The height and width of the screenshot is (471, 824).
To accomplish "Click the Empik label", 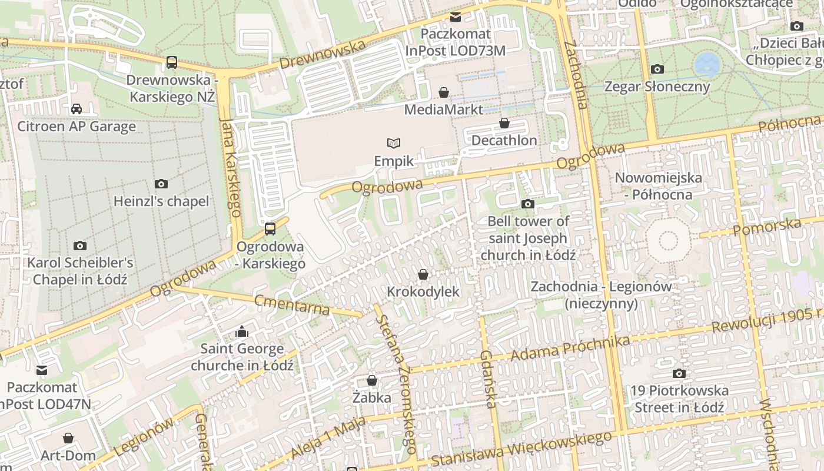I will point(394,161).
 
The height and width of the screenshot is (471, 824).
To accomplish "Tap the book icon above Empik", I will point(394,143).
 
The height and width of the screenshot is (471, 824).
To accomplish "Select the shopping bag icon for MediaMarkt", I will point(444,92).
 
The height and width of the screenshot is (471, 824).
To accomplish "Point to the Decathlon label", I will point(504,140).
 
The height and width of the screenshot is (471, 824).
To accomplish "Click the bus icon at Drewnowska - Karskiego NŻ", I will point(172,62).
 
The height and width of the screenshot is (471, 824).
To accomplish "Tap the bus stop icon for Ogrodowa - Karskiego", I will point(270,229).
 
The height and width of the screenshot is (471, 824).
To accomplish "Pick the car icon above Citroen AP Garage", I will point(77,108).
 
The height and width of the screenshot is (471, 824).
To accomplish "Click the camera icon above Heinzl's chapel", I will point(161,184).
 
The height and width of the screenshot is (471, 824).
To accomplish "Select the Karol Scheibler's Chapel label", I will point(80,271).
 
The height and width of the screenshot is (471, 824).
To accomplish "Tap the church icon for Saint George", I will point(242,332).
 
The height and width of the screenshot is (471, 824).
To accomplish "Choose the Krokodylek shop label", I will point(423,291).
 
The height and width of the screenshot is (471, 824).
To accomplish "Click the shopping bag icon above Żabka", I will point(372,380).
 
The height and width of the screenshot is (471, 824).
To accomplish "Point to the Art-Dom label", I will point(68,456).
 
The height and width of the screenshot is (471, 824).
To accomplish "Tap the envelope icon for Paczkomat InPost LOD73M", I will point(456,17).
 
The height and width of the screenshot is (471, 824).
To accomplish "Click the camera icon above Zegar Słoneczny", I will point(657,69).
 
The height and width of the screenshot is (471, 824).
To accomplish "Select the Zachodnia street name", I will point(576,75).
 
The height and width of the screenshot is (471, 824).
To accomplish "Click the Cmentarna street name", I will point(292,305).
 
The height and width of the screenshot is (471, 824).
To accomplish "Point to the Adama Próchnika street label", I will point(570,349).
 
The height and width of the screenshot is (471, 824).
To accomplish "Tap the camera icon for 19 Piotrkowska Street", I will point(679,373).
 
